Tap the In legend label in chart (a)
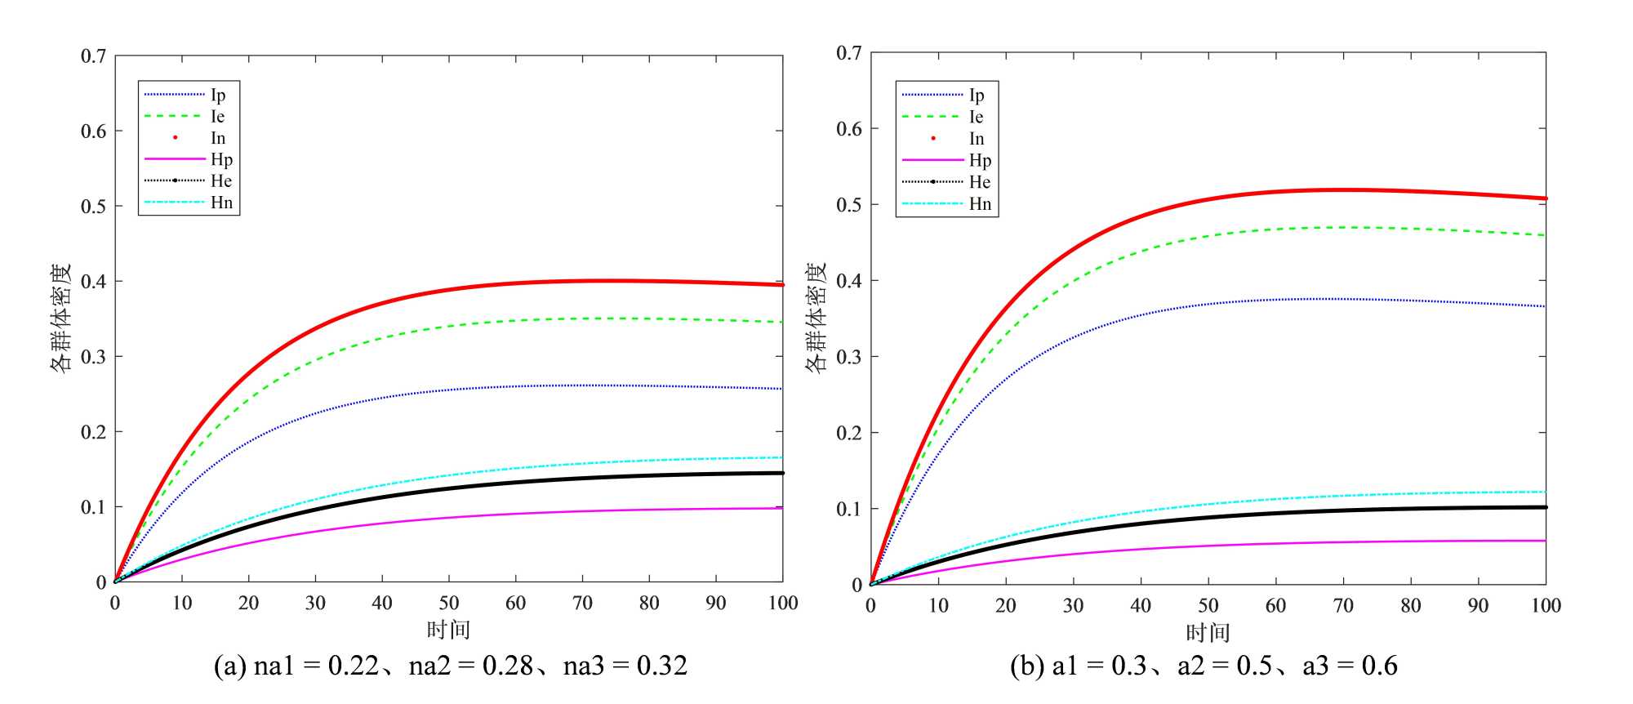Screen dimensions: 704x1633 point(217,138)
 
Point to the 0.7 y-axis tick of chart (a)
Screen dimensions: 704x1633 point(93,56)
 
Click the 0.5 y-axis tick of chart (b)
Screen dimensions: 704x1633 point(848,204)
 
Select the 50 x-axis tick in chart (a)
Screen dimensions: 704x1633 point(448,604)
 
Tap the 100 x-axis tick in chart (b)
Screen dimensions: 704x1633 point(1545,606)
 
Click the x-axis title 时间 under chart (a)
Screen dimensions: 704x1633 point(448,630)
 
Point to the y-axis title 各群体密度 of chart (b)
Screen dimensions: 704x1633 point(816,319)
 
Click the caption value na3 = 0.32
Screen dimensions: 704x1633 point(625,666)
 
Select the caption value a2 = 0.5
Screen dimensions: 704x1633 point(1225,666)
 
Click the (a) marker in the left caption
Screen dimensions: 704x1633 point(229,666)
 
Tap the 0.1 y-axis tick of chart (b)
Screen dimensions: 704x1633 point(848,509)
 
